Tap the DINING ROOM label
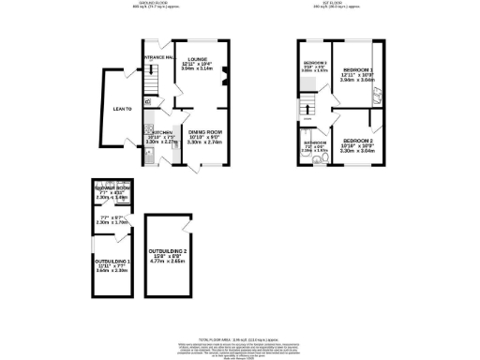(203, 132)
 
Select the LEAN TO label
(123, 109)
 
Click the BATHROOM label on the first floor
(313, 142)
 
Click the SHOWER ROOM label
(112, 189)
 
